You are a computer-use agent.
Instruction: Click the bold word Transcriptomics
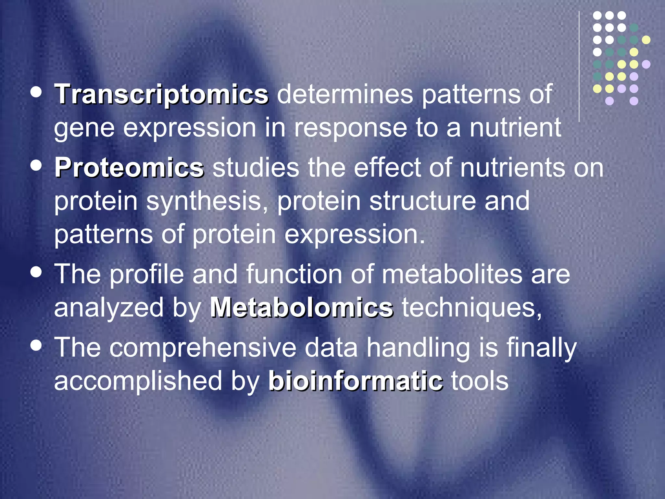pyautogui.click(x=161, y=94)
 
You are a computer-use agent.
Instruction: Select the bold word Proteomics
pyautogui.click(x=129, y=168)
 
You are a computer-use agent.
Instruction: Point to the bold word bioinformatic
pyautogui.click(x=355, y=381)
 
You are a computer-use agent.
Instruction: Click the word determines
pyautogui.click(x=345, y=94)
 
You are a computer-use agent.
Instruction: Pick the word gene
pyautogui.click(x=84, y=129)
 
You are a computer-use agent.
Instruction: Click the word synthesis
pyautogui.click(x=207, y=201)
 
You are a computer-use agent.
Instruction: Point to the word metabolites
pyautogui.click(x=452, y=274)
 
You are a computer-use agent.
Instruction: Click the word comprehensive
pyautogui.click(x=203, y=348)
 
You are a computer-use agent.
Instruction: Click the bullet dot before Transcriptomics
pyautogui.click(x=36, y=92)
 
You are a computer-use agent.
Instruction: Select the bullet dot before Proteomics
pyautogui.click(x=36, y=165)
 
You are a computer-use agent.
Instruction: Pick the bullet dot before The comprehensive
pyautogui.click(x=36, y=345)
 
